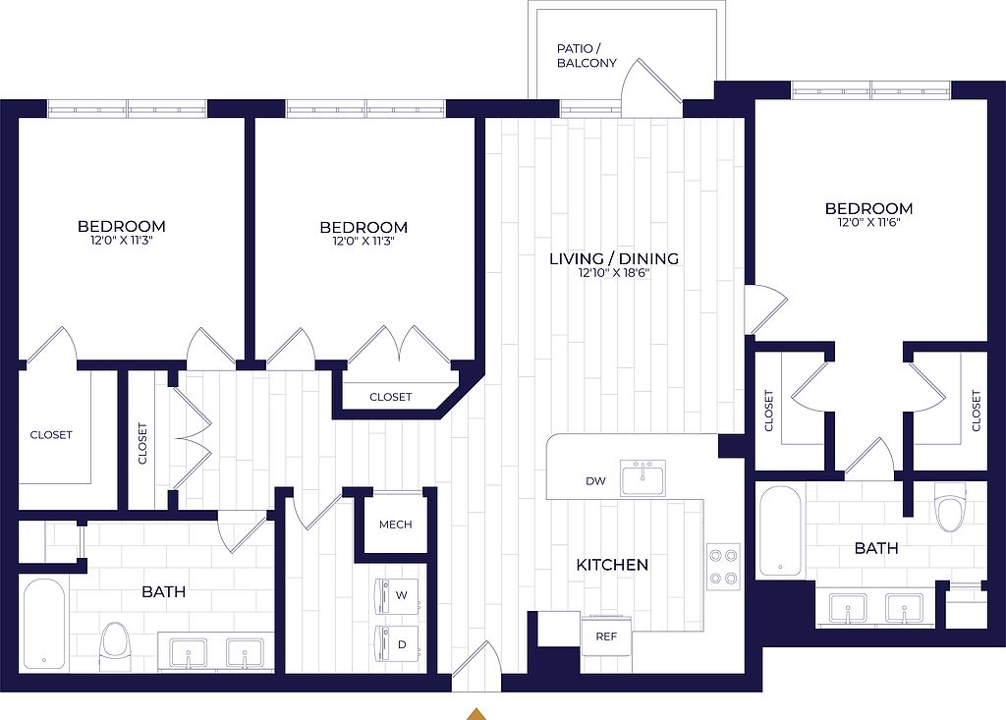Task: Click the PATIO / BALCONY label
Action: pos(587,56)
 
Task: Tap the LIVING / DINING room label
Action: pos(614,258)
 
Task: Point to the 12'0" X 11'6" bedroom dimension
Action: pos(868,223)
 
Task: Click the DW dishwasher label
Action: pos(595,480)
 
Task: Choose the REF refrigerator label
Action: pos(606,637)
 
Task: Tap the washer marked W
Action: pos(398,595)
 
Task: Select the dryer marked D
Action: pos(398,644)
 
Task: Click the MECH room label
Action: pos(395,525)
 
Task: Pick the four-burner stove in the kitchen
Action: pos(723,566)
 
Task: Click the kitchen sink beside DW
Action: pos(643,478)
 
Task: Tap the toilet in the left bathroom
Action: pos(116,646)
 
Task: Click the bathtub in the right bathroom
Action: pos(780,531)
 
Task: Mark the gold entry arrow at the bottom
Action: pos(475,713)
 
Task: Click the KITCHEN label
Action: pos(612,565)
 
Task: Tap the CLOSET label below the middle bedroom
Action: pos(390,397)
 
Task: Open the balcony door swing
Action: pos(650,87)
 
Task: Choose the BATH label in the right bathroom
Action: pos(875,548)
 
